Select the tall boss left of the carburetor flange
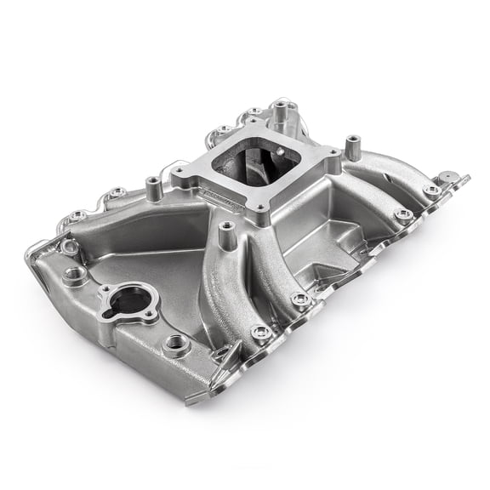coord(153,186)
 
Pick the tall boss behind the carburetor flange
coord(280,111)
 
